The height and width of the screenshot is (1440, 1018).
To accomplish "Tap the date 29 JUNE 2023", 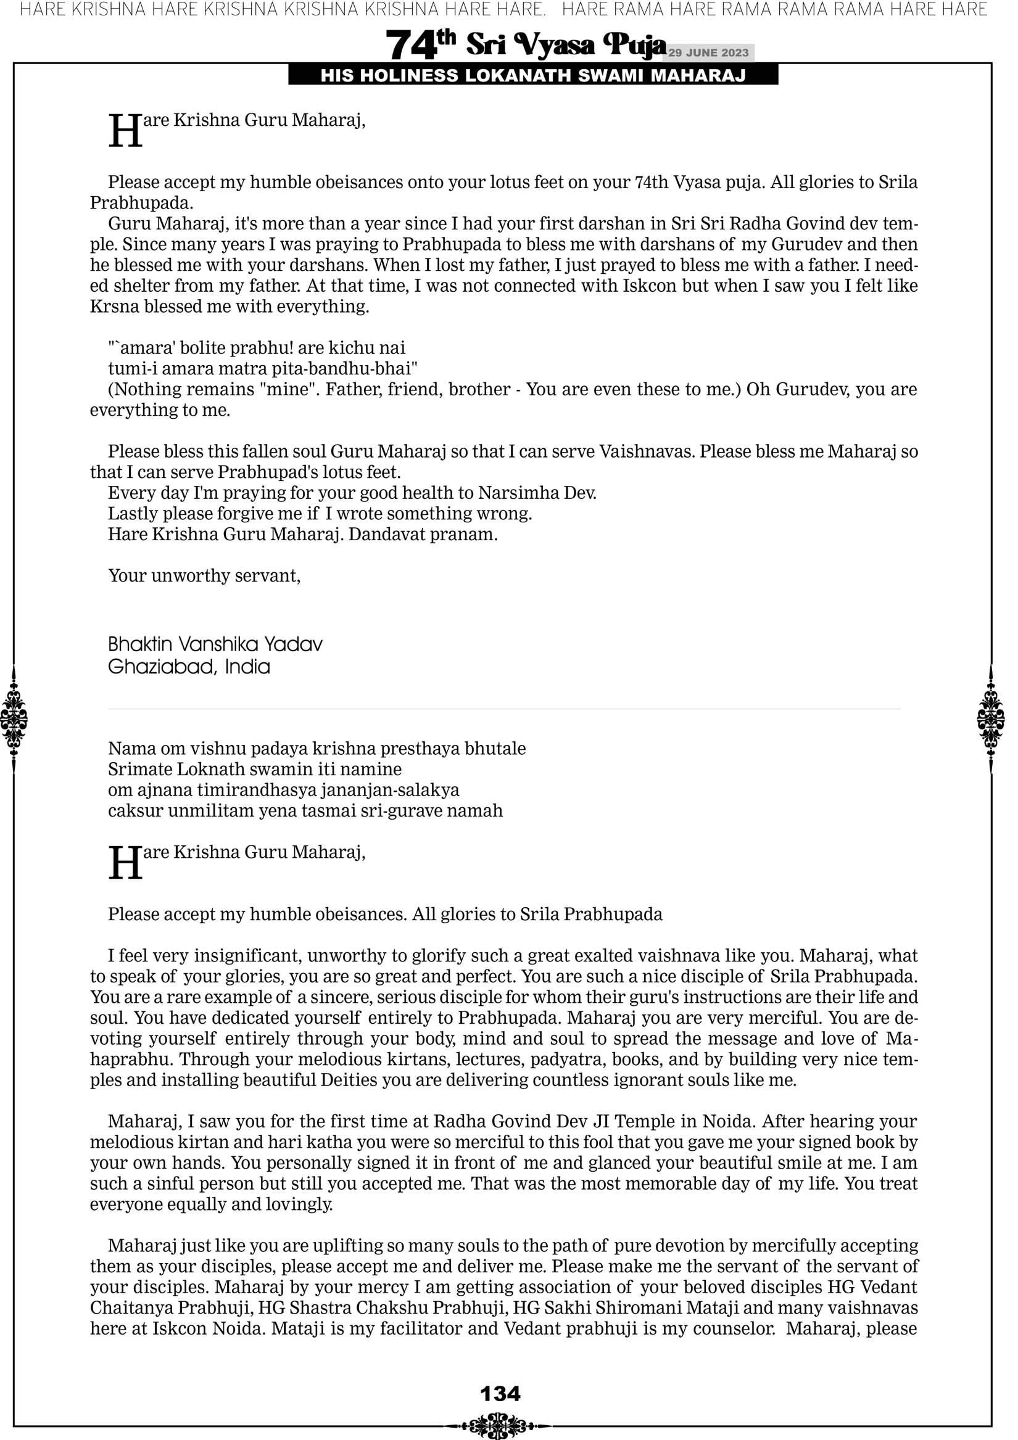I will [x=708, y=52].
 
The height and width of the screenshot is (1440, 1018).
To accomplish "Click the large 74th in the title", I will [x=420, y=44].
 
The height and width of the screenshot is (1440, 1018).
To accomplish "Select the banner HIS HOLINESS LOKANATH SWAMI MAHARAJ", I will [x=533, y=76].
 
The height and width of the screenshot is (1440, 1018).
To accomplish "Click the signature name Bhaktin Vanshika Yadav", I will [x=215, y=644].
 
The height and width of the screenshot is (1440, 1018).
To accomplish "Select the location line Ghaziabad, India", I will [x=189, y=666].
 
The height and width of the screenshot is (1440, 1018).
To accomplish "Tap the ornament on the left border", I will [x=14, y=718].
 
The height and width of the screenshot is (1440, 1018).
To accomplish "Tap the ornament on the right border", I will [x=991, y=718].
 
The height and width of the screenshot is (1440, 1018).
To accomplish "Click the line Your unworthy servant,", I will [x=204, y=576].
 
